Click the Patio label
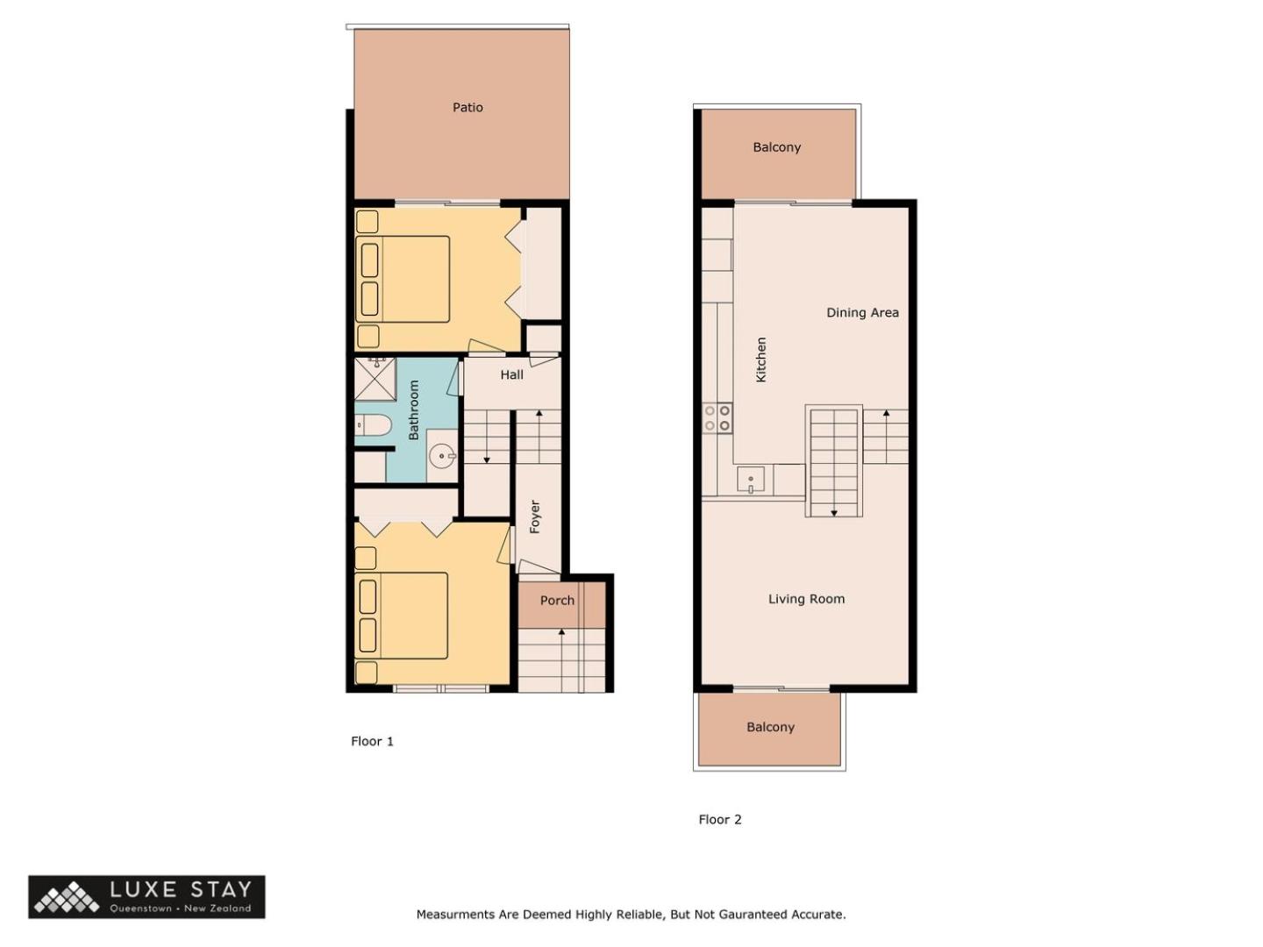(x=467, y=108)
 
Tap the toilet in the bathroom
(x=373, y=425)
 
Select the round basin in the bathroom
(x=442, y=457)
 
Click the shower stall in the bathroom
(x=375, y=378)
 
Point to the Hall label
(x=511, y=375)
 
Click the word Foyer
(x=534, y=516)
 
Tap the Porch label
(x=557, y=601)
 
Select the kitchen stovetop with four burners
(x=717, y=418)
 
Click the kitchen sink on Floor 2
(x=750, y=480)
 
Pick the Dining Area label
(x=862, y=313)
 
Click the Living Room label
(x=806, y=599)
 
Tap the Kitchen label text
(x=760, y=360)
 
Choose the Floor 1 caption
(x=372, y=741)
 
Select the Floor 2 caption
(x=720, y=819)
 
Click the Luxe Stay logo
(x=146, y=896)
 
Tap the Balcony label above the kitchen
(x=776, y=147)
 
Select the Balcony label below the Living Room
(x=770, y=727)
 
